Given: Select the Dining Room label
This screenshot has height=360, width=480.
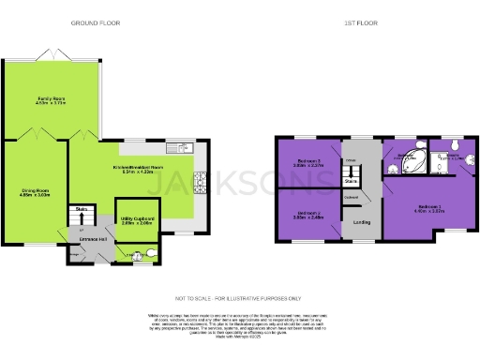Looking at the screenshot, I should pos(36,193).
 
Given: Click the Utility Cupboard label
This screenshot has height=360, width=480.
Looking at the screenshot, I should pos(137,220).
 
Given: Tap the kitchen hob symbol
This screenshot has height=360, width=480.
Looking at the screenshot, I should pos(198,180).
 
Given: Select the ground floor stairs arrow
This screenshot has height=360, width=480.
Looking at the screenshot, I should pos(82,225).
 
